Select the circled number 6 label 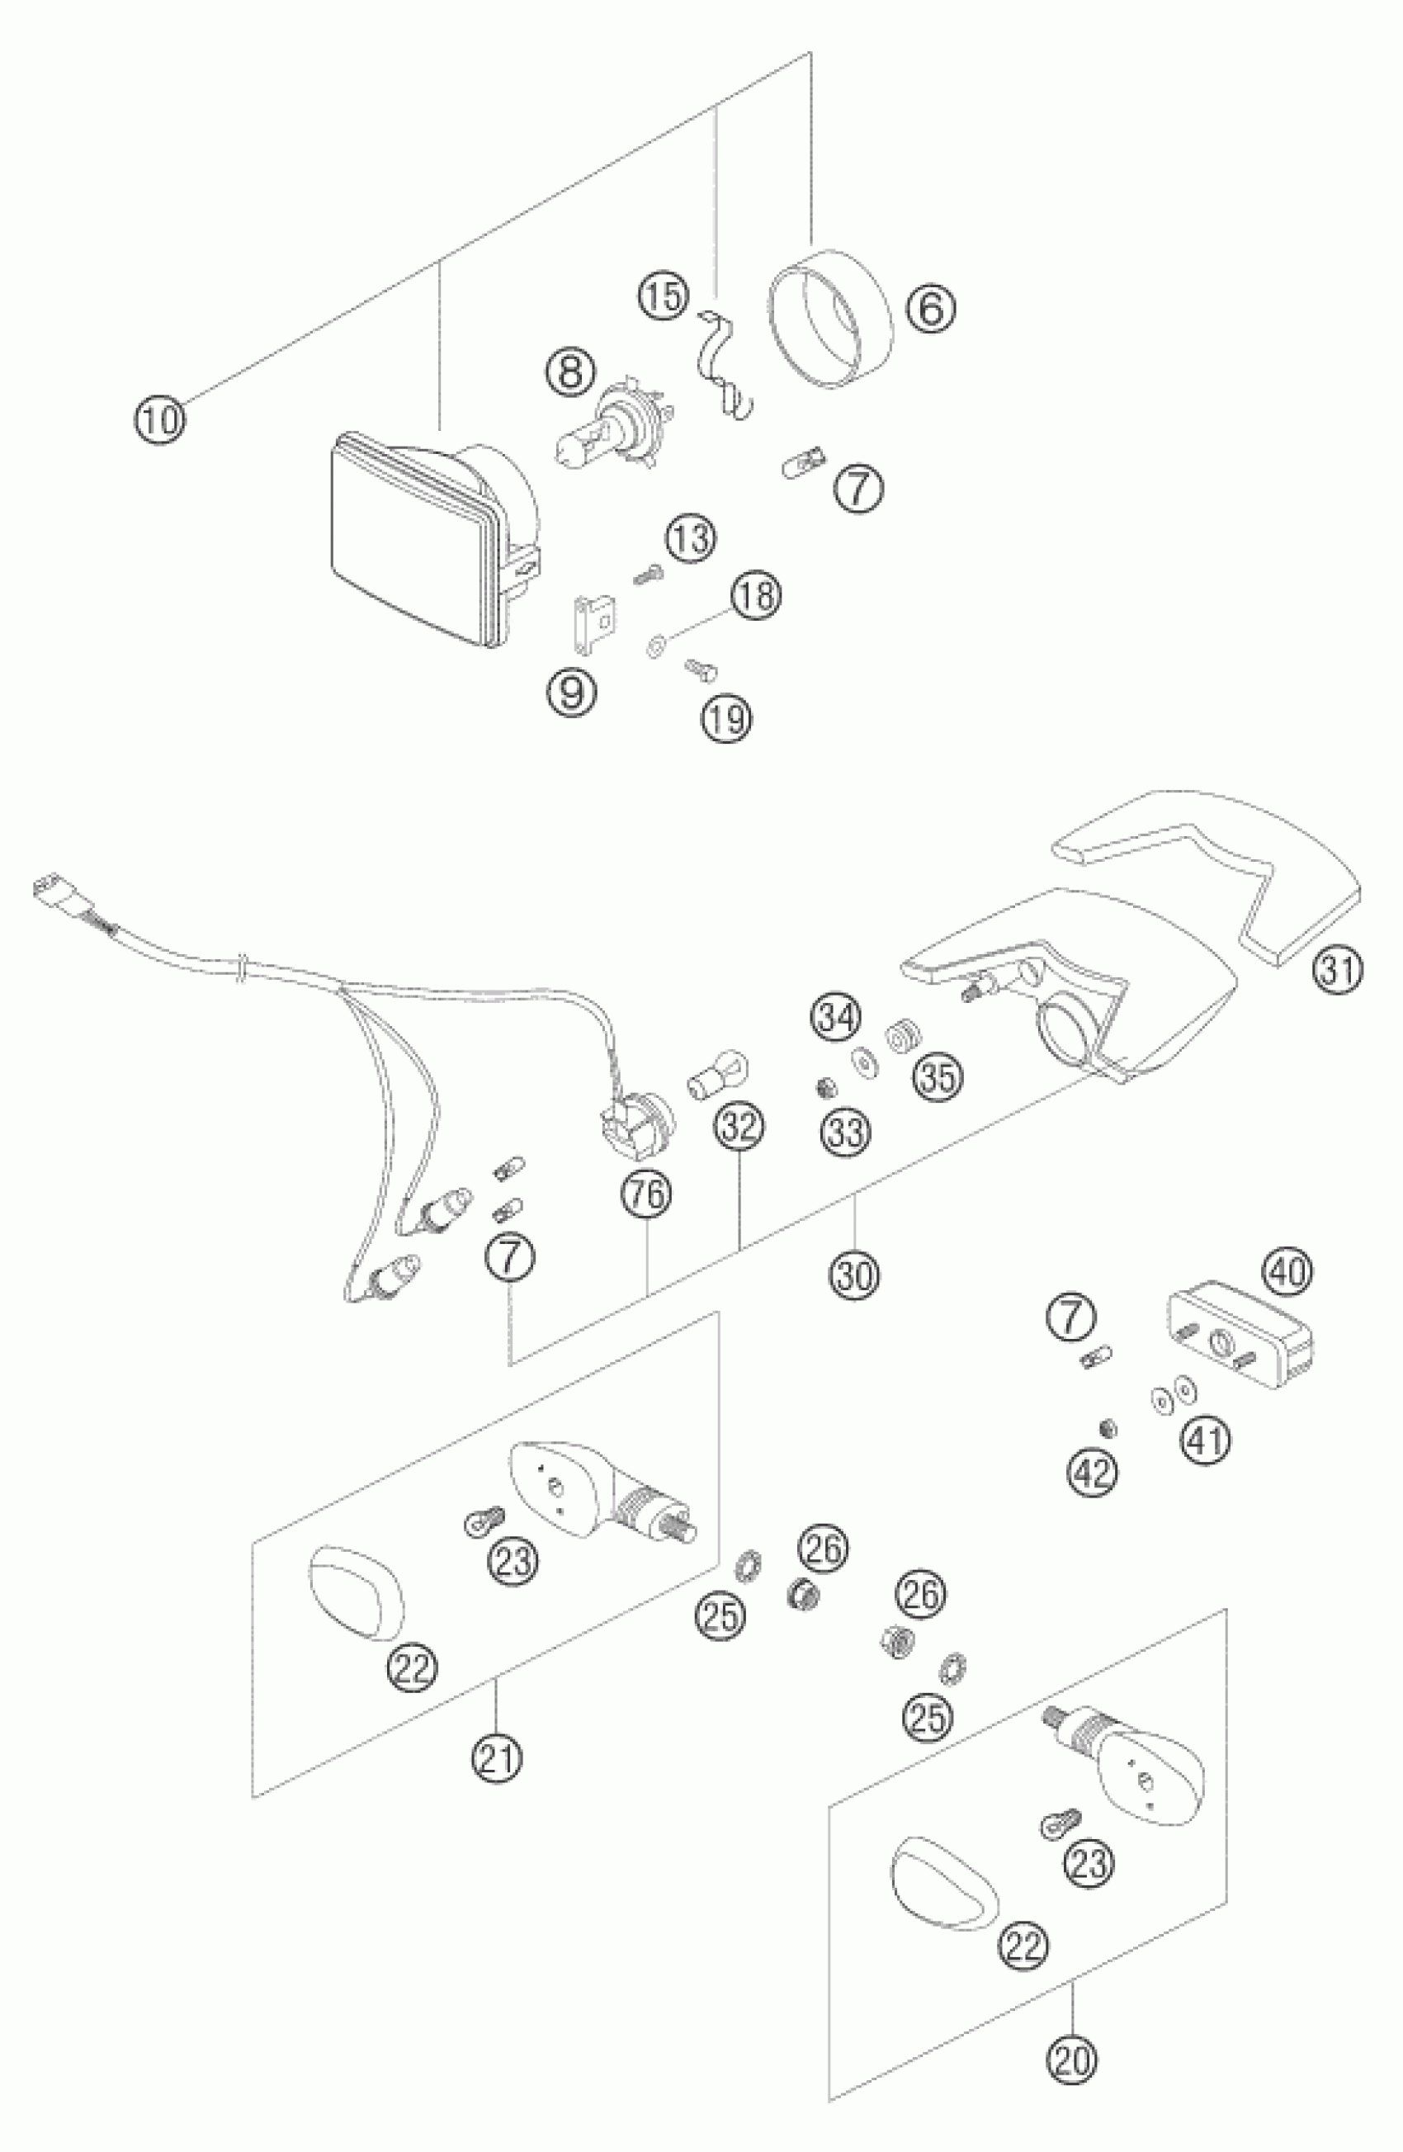[931, 309]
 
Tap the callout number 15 [664, 296]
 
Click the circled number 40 [1289, 1272]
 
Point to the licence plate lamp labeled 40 [1239, 1337]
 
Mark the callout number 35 [938, 1077]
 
